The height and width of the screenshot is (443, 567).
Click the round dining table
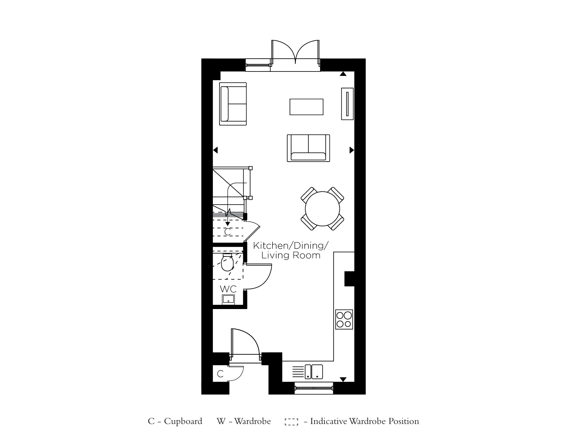pos(322,209)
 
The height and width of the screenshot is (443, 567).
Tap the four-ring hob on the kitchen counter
pos(344,319)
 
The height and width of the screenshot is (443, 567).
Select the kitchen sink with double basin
pos(314,372)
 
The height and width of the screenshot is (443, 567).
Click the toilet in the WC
pos(227,263)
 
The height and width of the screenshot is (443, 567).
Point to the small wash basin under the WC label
pos(228,299)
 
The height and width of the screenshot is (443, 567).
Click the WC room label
pos(228,289)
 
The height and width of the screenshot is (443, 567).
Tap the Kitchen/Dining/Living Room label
pos(291,250)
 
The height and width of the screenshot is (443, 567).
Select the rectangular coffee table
pos(306,107)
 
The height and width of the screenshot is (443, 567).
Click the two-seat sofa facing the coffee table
pos(308,148)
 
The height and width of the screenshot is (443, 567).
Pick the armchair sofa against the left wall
pos(233,104)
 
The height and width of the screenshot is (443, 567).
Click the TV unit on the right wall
pos(347,104)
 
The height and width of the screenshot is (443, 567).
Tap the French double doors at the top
pos(295,53)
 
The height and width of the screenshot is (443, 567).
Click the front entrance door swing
pos(246,342)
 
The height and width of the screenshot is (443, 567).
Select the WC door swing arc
pos(259,277)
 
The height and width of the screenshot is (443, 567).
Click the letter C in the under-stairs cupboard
pos(227,232)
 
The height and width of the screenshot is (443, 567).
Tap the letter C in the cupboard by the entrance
pos(220,374)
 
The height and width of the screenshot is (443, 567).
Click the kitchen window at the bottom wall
pos(314,388)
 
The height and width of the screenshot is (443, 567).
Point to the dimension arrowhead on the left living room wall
pos(215,150)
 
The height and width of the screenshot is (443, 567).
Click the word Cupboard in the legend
pos(183,421)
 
